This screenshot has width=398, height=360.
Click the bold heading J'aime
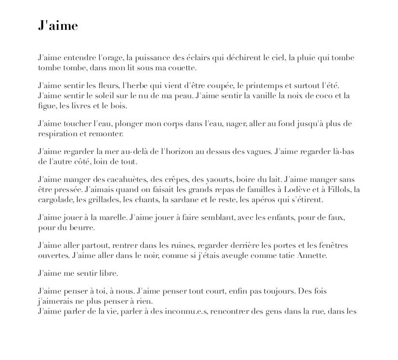click(58, 26)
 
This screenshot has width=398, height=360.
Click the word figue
click(47, 106)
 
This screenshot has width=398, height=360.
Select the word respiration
click(57, 134)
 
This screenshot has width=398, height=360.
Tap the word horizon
click(178, 152)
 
